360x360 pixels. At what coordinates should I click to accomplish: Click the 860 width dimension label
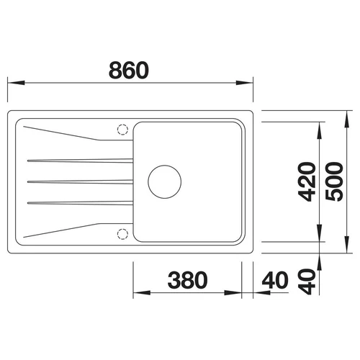(x=129, y=70)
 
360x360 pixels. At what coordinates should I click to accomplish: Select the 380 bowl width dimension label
(x=187, y=280)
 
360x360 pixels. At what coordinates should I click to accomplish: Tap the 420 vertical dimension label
(x=307, y=181)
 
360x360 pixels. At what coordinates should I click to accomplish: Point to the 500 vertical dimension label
(x=334, y=181)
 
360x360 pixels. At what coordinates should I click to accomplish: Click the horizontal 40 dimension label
(x=275, y=280)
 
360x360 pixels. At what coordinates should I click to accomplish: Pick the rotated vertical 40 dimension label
(x=307, y=282)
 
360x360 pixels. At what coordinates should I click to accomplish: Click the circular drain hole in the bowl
(x=165, y=181)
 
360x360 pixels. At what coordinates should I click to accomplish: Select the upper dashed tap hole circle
(x=122, y=130)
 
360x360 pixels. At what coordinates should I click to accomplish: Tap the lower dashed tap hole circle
(x=122, y=234)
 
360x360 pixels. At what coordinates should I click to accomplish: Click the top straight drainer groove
(x=80, y=161)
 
